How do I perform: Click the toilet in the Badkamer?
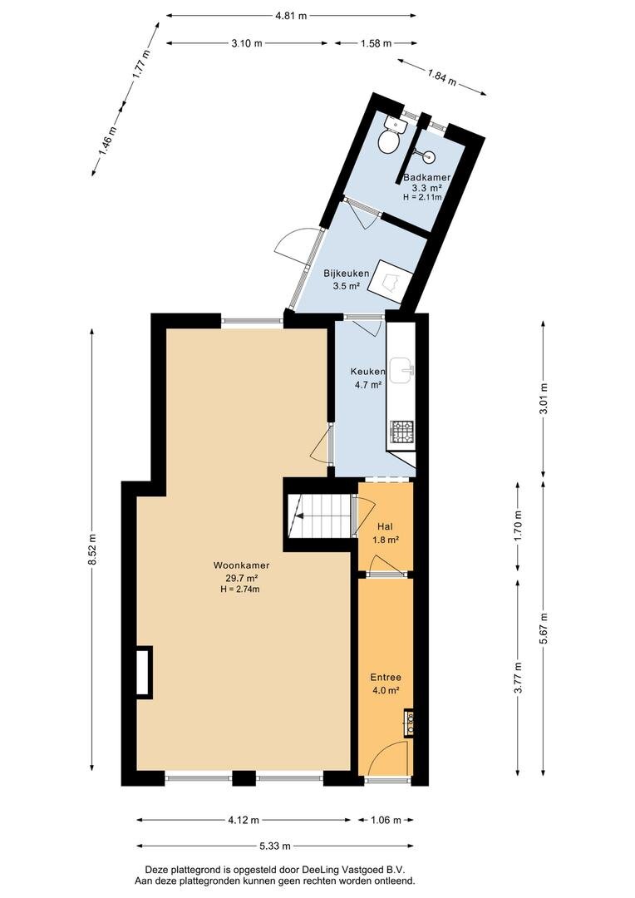(391, 136)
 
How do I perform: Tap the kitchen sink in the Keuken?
(403, 369)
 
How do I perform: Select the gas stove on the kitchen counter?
(401, 432)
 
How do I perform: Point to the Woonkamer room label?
(241, 565)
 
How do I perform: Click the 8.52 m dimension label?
(92, 550)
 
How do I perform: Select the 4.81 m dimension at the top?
(291, 16)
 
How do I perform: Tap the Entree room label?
(386, 677)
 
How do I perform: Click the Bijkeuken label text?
(347, 274)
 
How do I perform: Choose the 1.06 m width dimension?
(386, 820)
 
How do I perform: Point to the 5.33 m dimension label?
(275, 846)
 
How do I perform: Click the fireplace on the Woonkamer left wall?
(145, 672)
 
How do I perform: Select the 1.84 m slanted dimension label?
(441, 76)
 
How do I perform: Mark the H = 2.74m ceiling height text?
(240, 590)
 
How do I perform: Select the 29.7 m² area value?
(241, 578)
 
